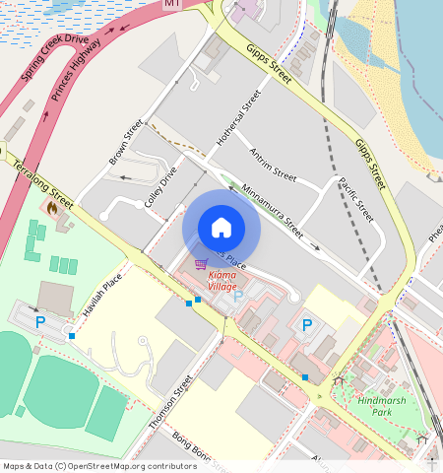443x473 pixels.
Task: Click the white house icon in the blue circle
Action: tap(221, 228)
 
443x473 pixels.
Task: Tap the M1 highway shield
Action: tap(173, 5)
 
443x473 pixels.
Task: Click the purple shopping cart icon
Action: tap(201, 264)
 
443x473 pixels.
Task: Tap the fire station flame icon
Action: tap(51, 207)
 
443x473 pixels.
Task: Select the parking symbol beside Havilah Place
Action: tap(40, 321)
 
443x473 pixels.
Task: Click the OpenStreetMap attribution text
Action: tap(98, 466)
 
